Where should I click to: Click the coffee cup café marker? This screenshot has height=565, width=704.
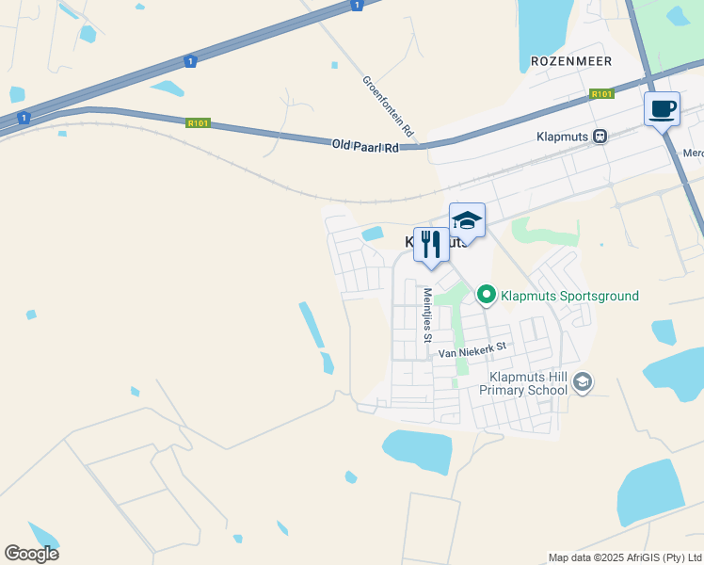pyautogui.click(x=662, y=108)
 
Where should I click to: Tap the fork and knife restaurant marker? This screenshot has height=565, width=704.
pyautogui.click(x=431, y=244)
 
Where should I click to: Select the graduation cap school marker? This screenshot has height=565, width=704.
pyautogui.click(x=467, y=220)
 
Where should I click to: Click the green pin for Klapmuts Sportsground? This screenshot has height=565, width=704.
pyautogui.click(x=487, y=296)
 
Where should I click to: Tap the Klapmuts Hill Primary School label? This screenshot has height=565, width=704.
pyautogui.click(x=523, y=381)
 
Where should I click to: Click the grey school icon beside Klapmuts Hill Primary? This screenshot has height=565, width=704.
pyautogui.click(x=583, y=381)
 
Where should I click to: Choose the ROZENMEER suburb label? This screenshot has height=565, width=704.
pyautogui.click(x=571, y=61)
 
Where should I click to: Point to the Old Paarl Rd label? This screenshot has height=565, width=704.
pyautogui.click(x=365, y=146)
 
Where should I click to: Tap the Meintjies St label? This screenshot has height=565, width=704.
pyautogui.click(x=426, y=315)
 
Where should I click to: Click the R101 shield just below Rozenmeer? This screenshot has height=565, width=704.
pyautogui.click(x=601, y=94)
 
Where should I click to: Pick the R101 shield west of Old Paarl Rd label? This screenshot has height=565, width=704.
pyautogui.click(x=197, y=121)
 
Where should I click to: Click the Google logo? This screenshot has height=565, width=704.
pyautogui.click(x=31, y=553)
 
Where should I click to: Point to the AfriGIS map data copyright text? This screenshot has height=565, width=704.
pyautogui.click(x=625, y=557)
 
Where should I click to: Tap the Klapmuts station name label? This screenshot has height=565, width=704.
pyautogui.click(x=563, y=136)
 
